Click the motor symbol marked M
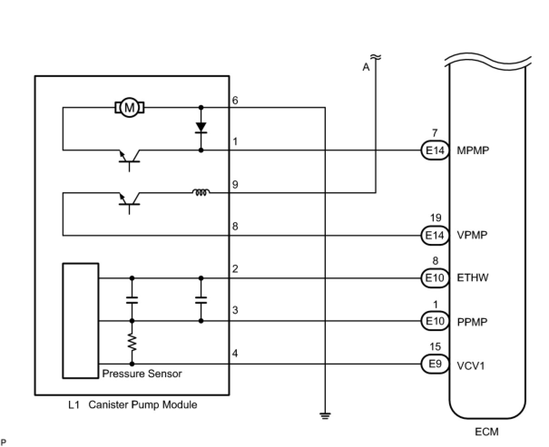129,107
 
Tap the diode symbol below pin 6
201,128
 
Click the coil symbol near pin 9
201,192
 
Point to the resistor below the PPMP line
132,342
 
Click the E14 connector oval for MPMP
435,150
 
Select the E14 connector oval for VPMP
435,235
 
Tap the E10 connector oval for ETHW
435,278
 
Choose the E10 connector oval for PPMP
435,321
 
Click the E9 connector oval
435,364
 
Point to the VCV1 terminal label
471,366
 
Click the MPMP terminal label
473,151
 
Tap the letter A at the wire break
366,67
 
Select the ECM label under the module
487,432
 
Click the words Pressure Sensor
142,374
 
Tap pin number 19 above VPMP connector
436,218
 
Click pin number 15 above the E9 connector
435,346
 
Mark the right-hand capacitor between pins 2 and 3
201,300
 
